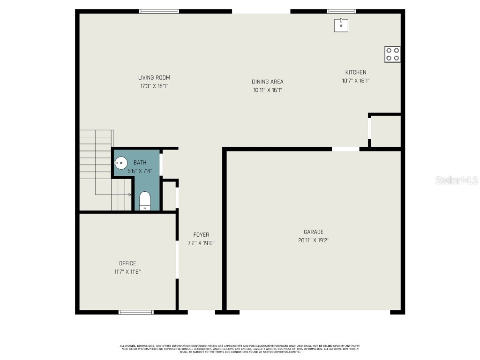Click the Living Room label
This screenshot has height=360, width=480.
[x=154, y=78]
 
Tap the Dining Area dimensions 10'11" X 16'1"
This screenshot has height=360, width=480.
[x=267, y=90]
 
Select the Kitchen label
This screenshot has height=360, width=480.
[x=356, y=72]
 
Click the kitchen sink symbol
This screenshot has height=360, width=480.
[x=341, y=25]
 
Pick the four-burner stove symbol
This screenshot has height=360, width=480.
[x=393, y=54]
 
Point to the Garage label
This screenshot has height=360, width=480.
[x=314, y=232]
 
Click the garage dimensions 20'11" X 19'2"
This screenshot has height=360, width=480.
[x=314, y=240]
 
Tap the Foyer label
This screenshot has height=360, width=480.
[x=201, y=235]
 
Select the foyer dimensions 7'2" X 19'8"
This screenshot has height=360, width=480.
[x=201, y=243]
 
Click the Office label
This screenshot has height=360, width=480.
[x=127, y=263]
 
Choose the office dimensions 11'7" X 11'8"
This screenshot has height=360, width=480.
[x=127, y=271]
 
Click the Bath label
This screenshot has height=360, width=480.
[x=140, y=163]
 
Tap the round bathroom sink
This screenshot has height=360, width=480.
[x=121, y=163]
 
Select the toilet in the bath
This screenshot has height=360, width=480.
[x=145, y=201]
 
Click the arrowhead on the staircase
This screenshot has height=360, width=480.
[x=129, y=194]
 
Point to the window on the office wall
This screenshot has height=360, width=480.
[x=136, y=312]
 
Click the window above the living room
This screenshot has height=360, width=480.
[x=159, y=11]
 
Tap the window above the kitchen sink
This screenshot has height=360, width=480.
[x=341, y=11]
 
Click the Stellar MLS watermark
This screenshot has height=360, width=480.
[x=457, y=180]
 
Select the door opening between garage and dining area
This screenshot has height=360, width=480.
[x=345, y=149]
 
